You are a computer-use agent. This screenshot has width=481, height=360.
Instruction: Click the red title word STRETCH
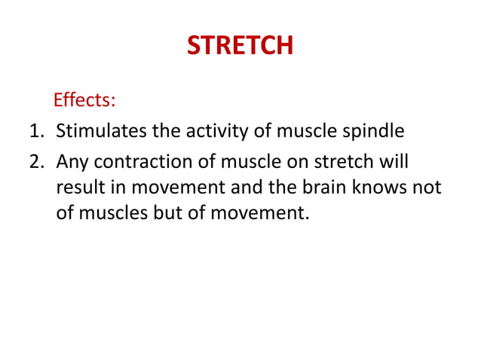point(240,47)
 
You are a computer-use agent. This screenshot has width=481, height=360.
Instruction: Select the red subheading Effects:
point(83,100)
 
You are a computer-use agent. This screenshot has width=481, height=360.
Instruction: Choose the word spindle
point(375,132)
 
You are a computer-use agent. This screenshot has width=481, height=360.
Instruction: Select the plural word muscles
point(111,212)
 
